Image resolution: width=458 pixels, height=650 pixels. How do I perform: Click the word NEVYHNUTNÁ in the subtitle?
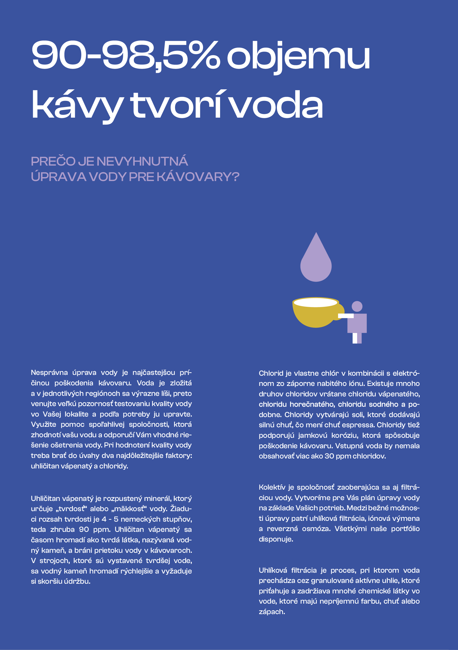pyautogui.click(x=142, y=161)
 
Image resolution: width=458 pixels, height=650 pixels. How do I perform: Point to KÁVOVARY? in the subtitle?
pyautogui.click(x=198, y=177)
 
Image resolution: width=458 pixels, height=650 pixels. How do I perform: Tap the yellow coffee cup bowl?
pyautogui.click(x=314, y=317)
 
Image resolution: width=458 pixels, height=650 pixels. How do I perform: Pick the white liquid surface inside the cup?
pyautogui.click(x=315, y=302)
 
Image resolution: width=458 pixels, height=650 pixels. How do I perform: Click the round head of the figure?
pyautogui.click(x=357, y=306)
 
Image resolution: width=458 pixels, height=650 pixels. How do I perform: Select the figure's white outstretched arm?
pyautogui.click(x=346, y=316)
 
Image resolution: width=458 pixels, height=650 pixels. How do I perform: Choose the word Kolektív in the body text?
pyautogui.click(x=272, y=487)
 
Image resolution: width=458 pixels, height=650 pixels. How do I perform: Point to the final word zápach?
pyautogui.click(x=272, y=611)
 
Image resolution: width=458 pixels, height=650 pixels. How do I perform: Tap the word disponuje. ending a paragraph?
pyautogui.click(x=276, y=539)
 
